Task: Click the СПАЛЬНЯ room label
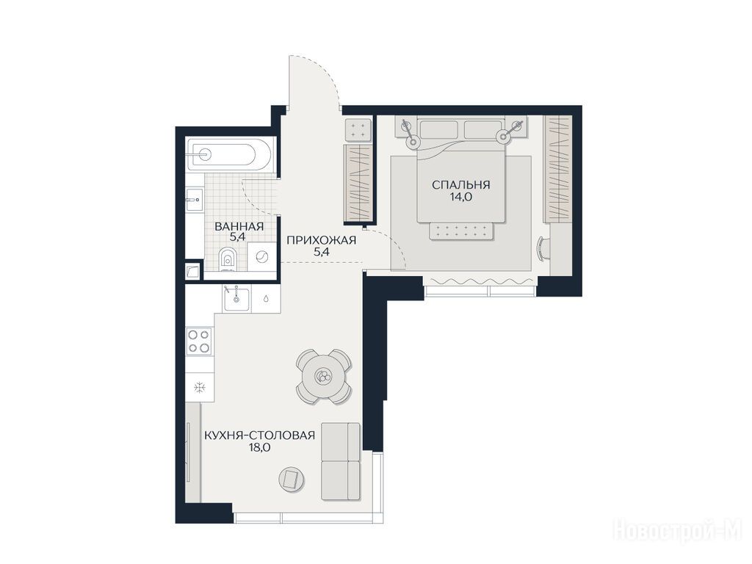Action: click(x=461, y=184)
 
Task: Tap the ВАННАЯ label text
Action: click(x=239, y=226)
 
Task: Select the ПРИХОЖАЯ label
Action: click(x=322, y=240)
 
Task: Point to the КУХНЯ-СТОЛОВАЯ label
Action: click(x=259, y=435)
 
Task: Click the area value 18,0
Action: click(x=259, y=448)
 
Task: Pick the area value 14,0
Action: click(x=461, y=197)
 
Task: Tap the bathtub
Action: click(x=229, y=153)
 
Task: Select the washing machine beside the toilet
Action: click(x=261, y=256)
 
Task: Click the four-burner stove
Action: click(x=199, y=341)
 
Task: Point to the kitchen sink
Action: click(x=236, y=298)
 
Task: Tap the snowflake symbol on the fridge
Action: click(x=200, y=387)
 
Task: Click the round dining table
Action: click(x=324, y=376)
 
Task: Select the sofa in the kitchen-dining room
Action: click(x=340, y=461)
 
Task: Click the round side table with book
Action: click(x=292, y=479)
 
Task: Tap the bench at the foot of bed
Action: click(x=461, y=232)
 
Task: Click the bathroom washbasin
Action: click(x=195, y=197)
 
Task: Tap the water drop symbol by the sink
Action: click(x=266, y=298)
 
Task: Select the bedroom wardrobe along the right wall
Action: click(x=557, y=169)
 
